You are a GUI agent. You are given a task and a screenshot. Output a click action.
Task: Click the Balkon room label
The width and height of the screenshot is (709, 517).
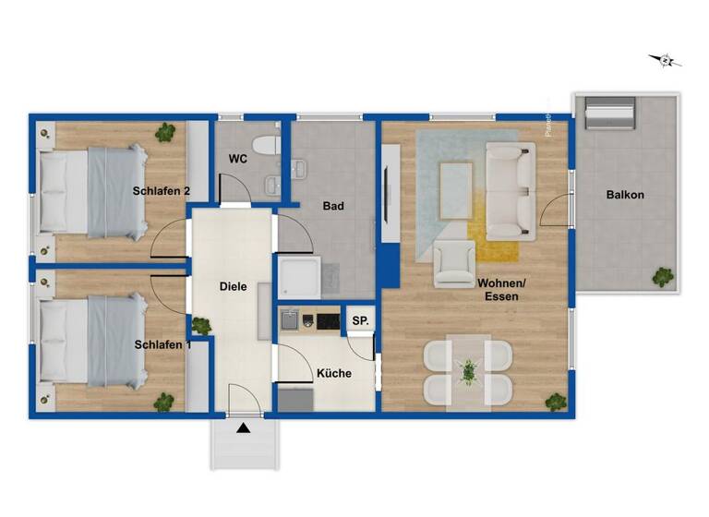[625, 195]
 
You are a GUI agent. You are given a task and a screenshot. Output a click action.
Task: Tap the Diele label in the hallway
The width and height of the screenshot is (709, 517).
[234, 286]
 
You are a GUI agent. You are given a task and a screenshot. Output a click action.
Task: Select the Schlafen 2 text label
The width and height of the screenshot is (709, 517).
[162, 191]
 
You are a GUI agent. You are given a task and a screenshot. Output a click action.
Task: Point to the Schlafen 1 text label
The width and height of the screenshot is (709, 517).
[163, 344]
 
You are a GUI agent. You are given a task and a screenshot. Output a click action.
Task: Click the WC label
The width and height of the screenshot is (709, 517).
[238, 159]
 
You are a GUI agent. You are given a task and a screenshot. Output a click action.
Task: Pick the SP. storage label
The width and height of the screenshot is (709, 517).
[359, 320]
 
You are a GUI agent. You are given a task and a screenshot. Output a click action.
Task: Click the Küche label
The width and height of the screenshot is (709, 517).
[332, 374]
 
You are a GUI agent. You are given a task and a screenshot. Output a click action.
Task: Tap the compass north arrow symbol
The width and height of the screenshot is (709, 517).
[665, 60]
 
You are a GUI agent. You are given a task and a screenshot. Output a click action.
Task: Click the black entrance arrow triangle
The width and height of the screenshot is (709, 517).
[243, 427]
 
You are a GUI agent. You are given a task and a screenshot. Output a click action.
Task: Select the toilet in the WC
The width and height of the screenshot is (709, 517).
[267, 145]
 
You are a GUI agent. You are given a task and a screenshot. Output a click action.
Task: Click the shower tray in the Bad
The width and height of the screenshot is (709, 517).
[299, 276]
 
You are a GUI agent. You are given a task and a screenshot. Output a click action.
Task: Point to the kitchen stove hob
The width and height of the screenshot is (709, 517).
[328, 321]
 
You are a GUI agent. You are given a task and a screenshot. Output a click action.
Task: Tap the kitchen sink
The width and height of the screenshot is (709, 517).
[291, 320]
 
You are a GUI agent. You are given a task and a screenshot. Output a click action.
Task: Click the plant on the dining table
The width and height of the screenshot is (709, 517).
[469, 371]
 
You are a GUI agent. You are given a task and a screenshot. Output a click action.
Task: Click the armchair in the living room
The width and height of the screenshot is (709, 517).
[453, 262]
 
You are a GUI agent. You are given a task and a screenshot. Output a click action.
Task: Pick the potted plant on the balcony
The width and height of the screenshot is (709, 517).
[662, 276]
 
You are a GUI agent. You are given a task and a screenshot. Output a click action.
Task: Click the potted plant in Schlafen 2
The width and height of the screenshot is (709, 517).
[165, 133]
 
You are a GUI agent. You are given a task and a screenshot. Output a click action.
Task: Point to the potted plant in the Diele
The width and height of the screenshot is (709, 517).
[199, 325]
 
